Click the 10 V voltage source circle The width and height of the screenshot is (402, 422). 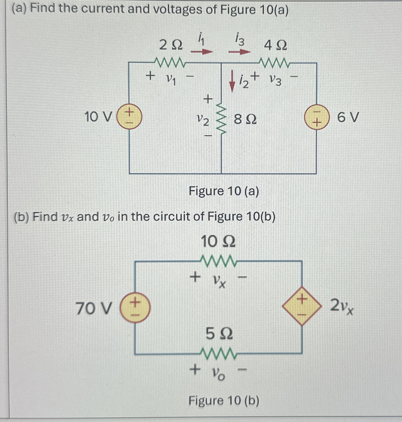tap(129, 117)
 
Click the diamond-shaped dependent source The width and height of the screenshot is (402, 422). tap(302, 306)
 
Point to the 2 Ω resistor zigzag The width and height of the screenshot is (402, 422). tap(170, 62)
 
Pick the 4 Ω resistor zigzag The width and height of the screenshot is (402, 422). tap(275, 63)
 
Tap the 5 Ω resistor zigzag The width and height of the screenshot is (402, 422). tap(219, 353)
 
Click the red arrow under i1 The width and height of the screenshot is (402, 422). tap(202, 52)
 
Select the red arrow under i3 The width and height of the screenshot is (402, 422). tap(239, 52)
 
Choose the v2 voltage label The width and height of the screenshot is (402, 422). tap(203, 120)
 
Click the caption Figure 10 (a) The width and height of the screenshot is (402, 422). tap(224, 191)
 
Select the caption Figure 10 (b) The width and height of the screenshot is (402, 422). tap(224, 401)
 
